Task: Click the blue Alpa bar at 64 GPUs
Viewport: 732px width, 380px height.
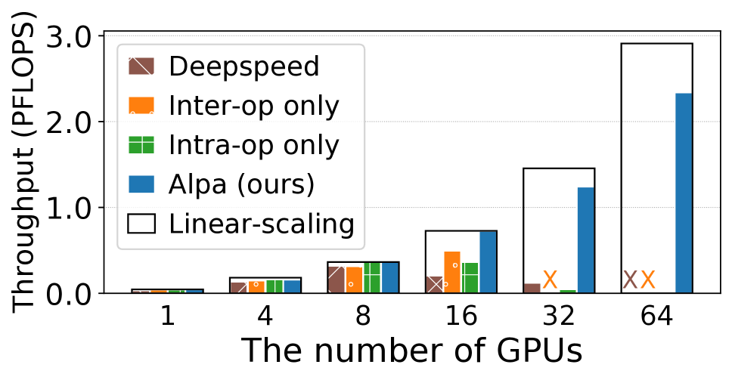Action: click(x=684, y=193)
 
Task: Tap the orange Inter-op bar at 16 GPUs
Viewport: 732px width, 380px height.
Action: click(x=452, y=272)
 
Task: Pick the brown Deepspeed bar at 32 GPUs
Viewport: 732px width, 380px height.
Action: click(x=532, y=288)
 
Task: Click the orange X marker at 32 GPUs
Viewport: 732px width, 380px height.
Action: click(x=550, y=280)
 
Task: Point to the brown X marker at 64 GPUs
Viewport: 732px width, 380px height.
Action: click(x=630, y=280)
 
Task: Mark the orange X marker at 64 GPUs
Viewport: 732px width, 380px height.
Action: click(x=648, y=280)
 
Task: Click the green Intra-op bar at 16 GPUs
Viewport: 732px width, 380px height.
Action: click(x=470, y=277)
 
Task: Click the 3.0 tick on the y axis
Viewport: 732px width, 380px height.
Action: click(x=71, y=36)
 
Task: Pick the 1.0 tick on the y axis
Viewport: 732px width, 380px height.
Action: click(x=71, y=208)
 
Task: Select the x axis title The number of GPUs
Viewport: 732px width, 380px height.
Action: click(x=412, y=352)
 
